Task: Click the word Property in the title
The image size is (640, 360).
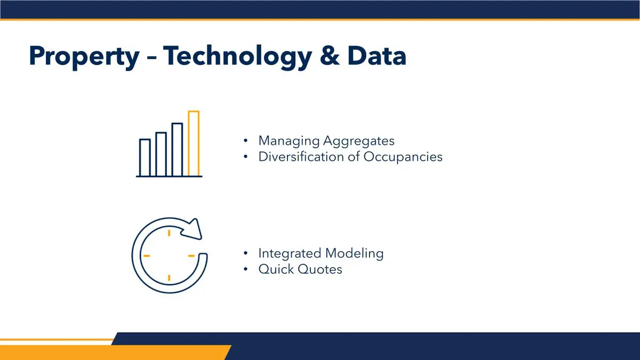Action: (x=84, y=57)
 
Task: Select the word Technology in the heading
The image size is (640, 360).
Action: (x=237, y=57)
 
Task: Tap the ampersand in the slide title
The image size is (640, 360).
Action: (x=330, y=55)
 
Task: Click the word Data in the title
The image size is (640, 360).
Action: (x=377, y=55)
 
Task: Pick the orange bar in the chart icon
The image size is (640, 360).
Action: (x=194, y=143)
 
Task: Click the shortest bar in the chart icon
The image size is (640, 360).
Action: (x=145, y=157)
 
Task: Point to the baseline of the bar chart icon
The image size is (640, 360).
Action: (x=169, y=177)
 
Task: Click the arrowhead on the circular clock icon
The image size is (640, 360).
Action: (x=193, y=229)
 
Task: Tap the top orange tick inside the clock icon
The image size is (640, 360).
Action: (x=169, y=233)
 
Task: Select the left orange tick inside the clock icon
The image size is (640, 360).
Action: (x=147, y=255)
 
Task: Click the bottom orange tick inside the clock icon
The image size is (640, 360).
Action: (x=169, y=278)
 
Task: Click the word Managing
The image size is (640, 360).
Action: (x=289, y=141)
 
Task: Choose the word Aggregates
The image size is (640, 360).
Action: (x=359, y=141)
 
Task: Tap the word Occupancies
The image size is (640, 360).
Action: (x=403, y=157)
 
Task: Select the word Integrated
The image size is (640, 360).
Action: (x=290, y=254)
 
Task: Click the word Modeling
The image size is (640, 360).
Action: (x=354, y=254)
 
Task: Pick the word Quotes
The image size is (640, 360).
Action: (x=321, y=269)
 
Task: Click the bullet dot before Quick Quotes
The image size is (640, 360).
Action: (x=246, y=269)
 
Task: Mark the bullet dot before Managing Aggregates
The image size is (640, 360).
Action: (x=246, y=141)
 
